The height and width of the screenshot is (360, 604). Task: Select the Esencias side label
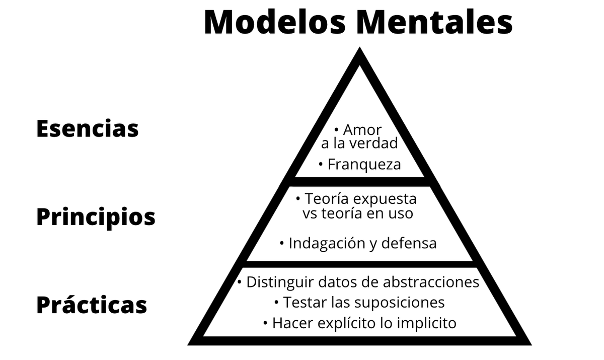pyautogui.click(x=87, y=128)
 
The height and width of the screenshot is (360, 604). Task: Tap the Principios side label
pyautogui.click(x=96, y=217)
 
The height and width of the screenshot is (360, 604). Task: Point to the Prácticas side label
pyautogui.click(x=91, y=305)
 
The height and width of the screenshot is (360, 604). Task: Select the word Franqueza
pyautogui.click(x=364, y=165)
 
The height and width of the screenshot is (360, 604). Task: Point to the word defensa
pyautogui.click(x=409, y=244)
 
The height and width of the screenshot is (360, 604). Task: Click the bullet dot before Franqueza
pyautogui.click(x=321, y=164)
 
